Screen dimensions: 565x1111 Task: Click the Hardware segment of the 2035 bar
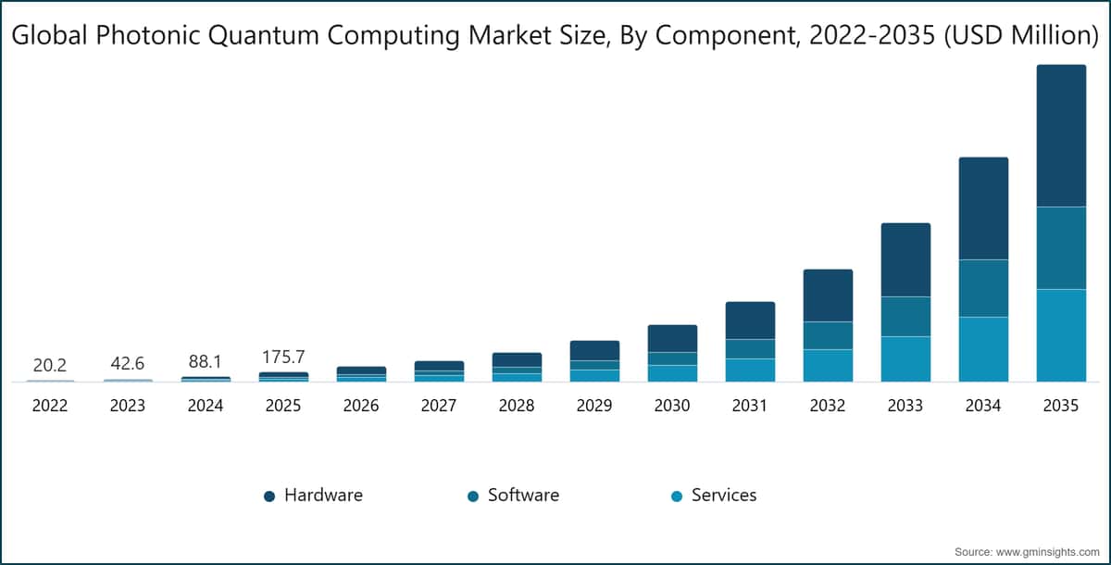click(1061, 135)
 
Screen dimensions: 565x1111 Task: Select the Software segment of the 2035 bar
click(1061, 248)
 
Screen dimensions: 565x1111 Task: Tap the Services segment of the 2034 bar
click(983, 349)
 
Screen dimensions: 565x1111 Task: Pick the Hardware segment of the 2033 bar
click(905, 259)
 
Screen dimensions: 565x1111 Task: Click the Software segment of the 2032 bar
click(828, 335)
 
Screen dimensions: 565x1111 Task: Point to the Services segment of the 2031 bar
click(750, 370)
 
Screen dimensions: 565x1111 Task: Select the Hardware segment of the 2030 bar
click(672, 338)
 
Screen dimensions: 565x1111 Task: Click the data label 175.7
click(283, 358)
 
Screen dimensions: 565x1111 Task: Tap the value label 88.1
click(206, 362)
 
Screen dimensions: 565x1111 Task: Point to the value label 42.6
click(128, 364)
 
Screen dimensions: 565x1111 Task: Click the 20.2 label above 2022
click(50, 366)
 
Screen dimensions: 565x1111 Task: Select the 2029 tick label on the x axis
click(594, 406)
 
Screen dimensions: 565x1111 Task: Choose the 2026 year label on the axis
click(361, 406)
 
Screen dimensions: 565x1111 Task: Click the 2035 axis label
click(1061, 406)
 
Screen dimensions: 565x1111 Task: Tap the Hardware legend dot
click(269, 496)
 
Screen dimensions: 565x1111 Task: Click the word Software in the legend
click(523, 496)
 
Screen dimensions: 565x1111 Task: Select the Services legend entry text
click(724, 496)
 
